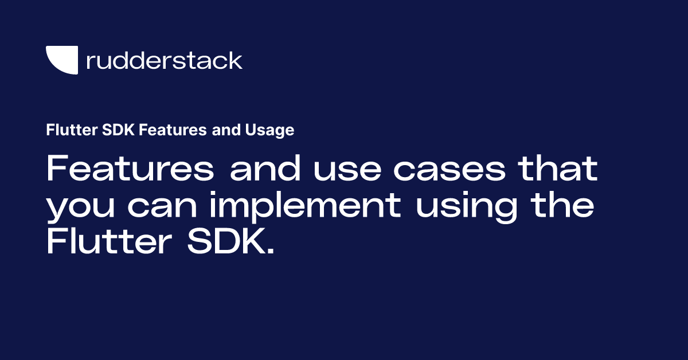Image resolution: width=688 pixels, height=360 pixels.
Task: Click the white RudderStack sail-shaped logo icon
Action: [x=61, y=60]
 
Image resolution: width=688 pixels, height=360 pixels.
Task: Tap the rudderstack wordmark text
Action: [x=164, y=60]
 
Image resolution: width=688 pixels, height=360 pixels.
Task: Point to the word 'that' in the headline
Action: [x=554, y=170]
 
